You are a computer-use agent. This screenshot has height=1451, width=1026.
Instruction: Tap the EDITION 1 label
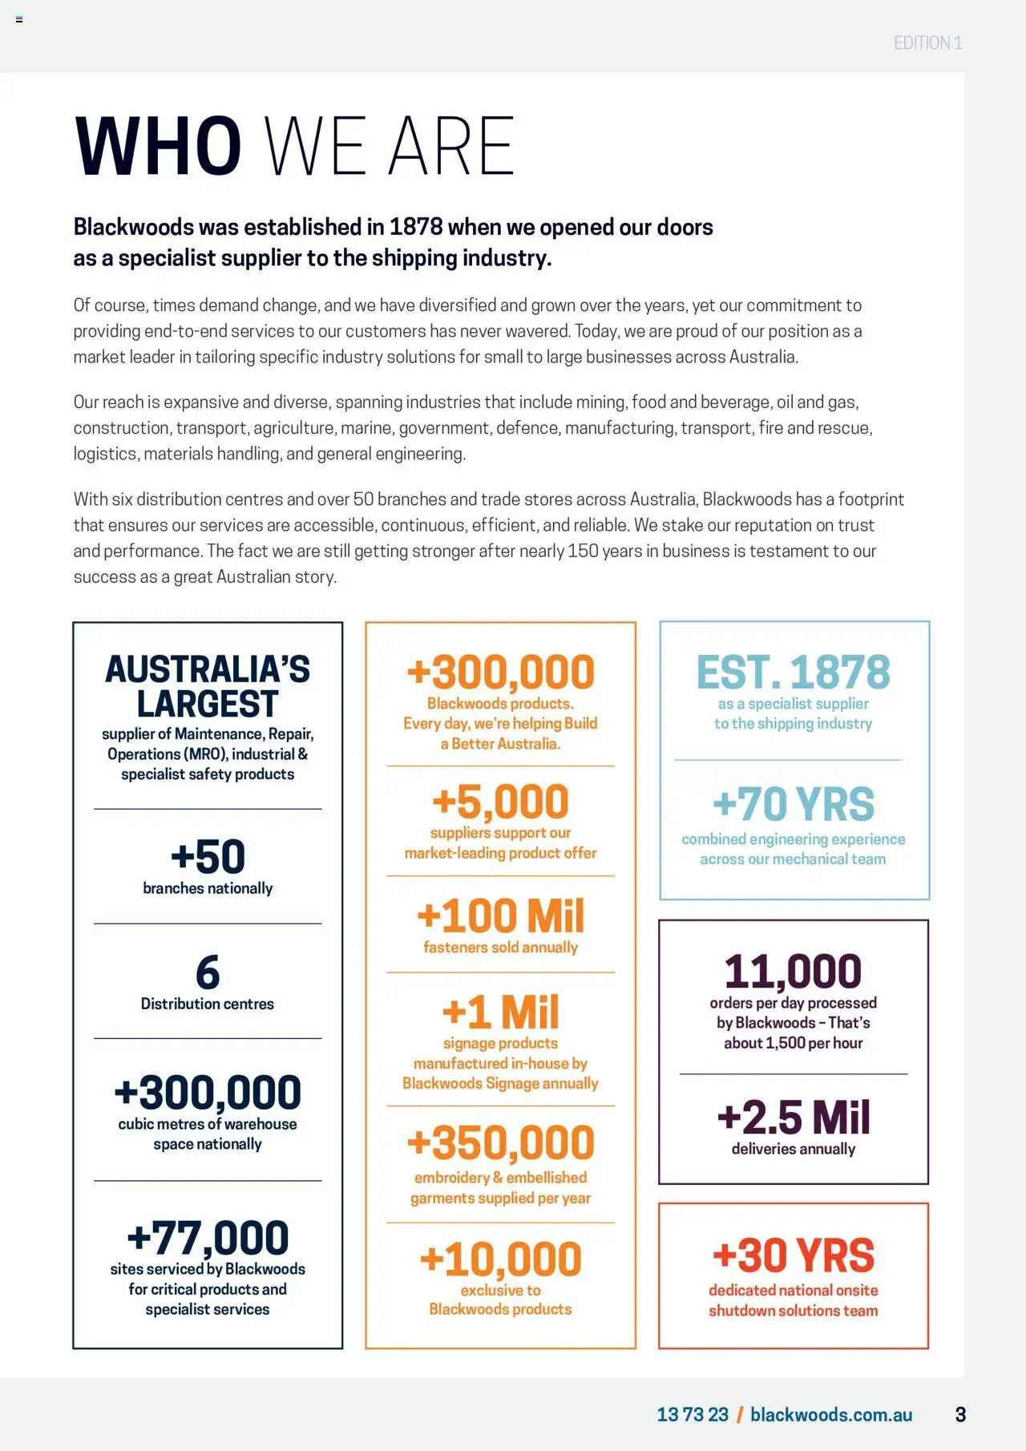927,43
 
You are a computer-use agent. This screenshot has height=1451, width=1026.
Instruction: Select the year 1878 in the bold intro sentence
416,228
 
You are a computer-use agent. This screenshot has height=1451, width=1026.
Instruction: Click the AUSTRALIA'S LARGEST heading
208,686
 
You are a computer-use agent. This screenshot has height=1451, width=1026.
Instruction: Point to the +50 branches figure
208,856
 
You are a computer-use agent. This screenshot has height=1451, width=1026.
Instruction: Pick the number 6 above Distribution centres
208,972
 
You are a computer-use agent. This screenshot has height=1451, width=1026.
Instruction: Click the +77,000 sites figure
208,1237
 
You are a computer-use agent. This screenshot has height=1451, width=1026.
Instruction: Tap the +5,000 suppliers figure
500,802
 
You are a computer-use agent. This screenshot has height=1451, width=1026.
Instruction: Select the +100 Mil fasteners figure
500,916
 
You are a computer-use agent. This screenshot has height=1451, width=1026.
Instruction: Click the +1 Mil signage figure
500,1012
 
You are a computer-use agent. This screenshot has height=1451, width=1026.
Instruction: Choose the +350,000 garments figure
500,1143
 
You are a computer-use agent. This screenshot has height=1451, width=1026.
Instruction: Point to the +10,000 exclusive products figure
500,1259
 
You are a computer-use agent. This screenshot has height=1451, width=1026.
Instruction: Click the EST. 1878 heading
793,672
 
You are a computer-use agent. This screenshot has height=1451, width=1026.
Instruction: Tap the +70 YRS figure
793,804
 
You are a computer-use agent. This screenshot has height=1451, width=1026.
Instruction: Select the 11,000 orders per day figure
793,972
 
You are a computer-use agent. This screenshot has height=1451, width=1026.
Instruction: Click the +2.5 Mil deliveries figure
793,1118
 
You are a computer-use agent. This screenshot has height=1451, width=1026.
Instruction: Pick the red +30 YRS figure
793,1255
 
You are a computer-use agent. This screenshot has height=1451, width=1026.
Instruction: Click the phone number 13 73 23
693,1415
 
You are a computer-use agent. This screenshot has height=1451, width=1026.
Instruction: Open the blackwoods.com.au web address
831,1415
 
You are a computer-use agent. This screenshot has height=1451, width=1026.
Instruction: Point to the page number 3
960,1415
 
